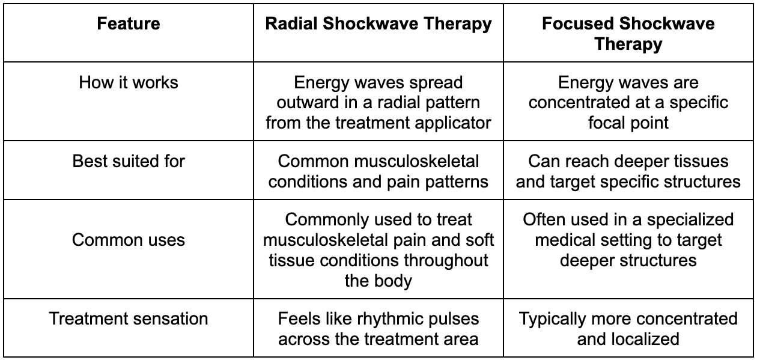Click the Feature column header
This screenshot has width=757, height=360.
tap(129, 24)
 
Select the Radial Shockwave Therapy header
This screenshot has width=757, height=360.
tap(378, 24)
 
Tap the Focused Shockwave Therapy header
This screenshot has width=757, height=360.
tap(628, 34)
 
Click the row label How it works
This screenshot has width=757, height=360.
tap(129, 82)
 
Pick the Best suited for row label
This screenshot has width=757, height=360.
tap(129, 161)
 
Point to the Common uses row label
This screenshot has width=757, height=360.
tap(129, 240)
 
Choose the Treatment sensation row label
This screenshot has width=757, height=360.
tap(129, 319)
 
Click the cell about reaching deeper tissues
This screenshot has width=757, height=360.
tap(628, 171)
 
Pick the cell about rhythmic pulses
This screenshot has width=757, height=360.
tap(378, 329)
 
